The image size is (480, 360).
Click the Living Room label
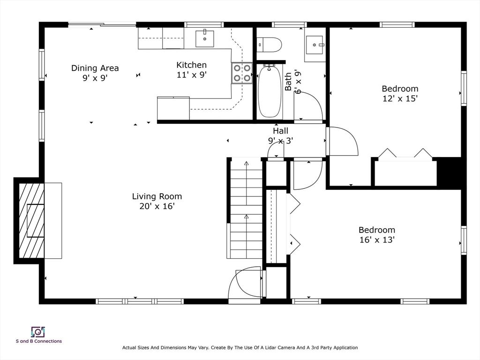[x=157, y=196]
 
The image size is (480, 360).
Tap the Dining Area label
[x=95, y=68]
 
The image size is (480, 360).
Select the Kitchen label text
[x=192, y=65]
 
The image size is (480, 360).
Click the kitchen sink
[x=204, y=38]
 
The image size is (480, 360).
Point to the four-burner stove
[x=242, y=73]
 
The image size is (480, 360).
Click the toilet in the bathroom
[x=269, y=45]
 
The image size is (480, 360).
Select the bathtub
[x=270, y=91]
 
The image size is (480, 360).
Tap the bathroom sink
[x=314, y=45]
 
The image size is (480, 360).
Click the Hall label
[x=280, y=131]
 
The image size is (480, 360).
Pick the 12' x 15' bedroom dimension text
[x=400, y=98]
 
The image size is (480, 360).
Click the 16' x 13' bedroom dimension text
[x=377, y=240]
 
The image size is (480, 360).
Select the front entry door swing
[x=245, y=283]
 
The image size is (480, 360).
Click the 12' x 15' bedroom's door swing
[x=343, y=141]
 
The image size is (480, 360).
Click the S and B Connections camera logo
[x=38, y=332]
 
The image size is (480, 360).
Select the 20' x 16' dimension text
[x=157, y=206]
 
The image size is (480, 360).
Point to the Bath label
[x=288, y=82]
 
